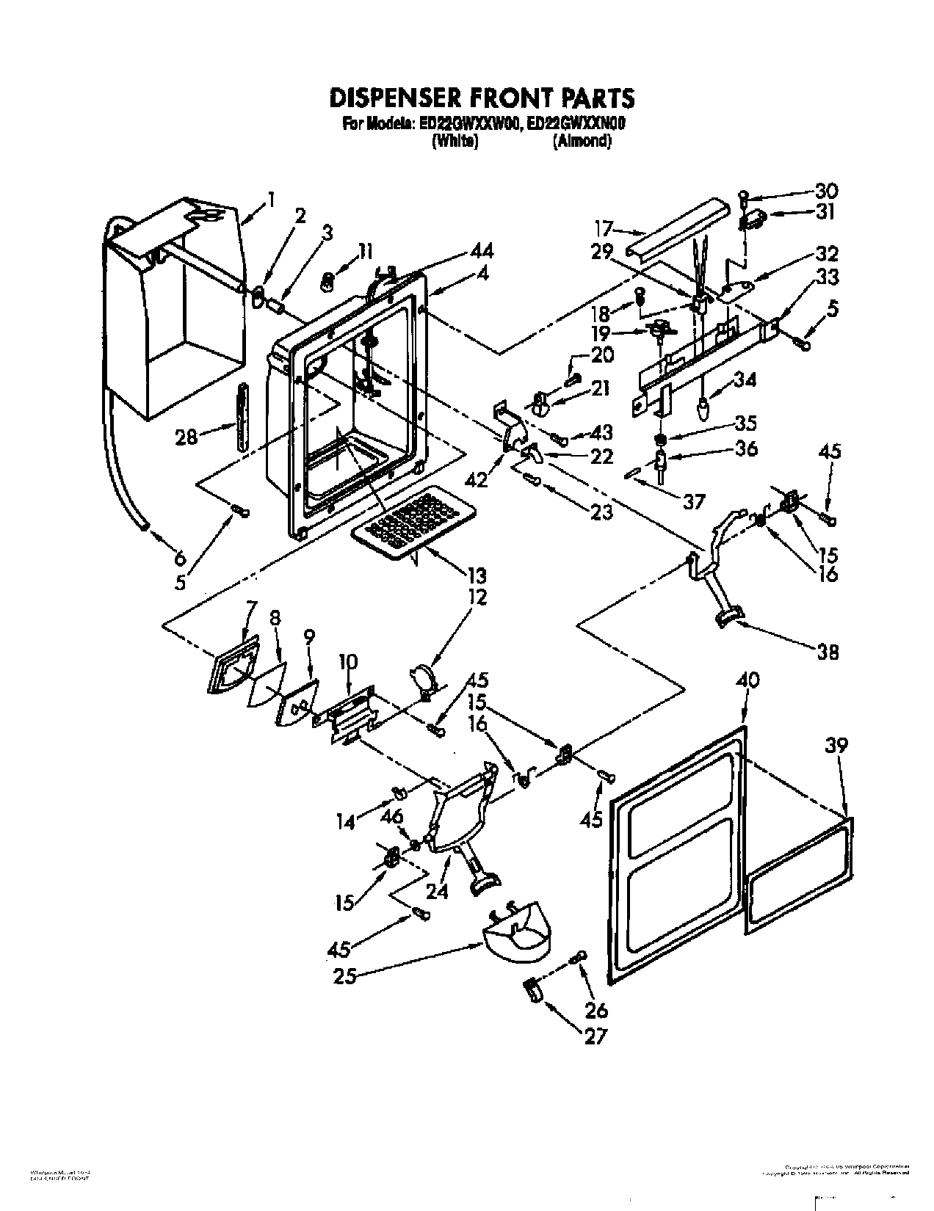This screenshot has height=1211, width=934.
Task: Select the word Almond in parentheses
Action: (x=582, y=141)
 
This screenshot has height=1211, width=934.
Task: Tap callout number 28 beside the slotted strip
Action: (x=187, y=438)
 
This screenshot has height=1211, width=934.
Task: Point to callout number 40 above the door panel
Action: (x=749, y=680)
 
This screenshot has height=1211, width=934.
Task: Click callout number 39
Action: (x=836, y=746)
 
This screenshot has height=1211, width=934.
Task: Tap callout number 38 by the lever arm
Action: (x=827, y=652)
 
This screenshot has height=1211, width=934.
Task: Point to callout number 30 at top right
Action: (x=825, y=191)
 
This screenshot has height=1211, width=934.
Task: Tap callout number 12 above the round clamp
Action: (x=477, y=597)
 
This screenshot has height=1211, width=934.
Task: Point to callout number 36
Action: (x=746, y=448)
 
